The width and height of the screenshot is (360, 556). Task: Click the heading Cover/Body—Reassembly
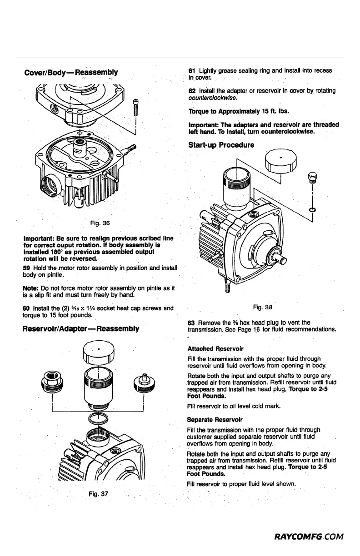[x=70, y=72]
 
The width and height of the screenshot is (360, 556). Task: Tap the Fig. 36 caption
[x=99, y=223]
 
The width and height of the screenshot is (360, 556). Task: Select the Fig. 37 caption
[x=99, y=494]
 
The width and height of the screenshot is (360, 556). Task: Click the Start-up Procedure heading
[x=221, y=145]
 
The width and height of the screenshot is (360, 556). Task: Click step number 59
[x=26, y=268]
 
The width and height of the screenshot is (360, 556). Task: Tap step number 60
[x=26, y=308]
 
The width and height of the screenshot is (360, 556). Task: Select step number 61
[x=191, y=71]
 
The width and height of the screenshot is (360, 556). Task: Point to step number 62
[x=191, y=91]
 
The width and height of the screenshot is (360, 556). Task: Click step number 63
[x=191, y=323]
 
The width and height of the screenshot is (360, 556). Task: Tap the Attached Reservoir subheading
[x=209, y=349]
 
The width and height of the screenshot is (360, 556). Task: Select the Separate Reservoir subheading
[x=209, y=419]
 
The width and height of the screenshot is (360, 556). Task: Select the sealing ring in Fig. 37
[x=99, y=417]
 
